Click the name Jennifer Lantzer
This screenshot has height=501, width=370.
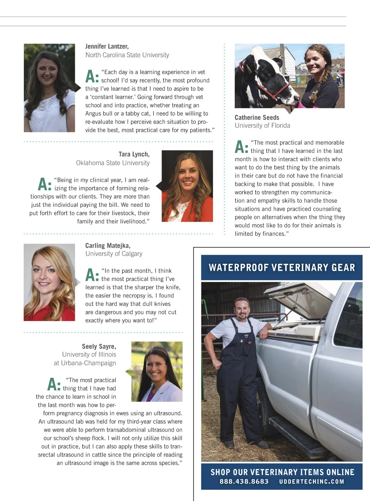[x=107, y=46]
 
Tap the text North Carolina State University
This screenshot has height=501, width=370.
[x=127, y=55]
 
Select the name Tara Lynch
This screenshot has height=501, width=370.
[x=134, y=154]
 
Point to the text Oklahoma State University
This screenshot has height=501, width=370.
[x=113, y=163]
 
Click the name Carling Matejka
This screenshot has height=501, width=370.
[x=108, y=245]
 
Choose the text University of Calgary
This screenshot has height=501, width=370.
[x=114, y=254]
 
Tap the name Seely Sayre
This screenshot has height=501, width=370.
[x=99, y=346]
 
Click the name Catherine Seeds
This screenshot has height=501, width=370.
[x=257, y=117]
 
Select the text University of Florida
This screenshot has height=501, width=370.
[x=262, y=125]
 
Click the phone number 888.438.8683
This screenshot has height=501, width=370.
[x=244, y=482]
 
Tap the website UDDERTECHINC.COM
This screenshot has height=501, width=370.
[x=311, y=482]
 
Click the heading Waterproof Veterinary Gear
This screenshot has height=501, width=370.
[x=282, y=267]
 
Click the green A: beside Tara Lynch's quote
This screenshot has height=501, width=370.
[x=44, y=184]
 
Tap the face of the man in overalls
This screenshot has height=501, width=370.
[x=241, y=309]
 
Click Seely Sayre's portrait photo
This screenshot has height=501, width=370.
[x=157, y=371]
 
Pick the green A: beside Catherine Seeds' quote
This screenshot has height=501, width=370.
[x=241, y=147]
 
